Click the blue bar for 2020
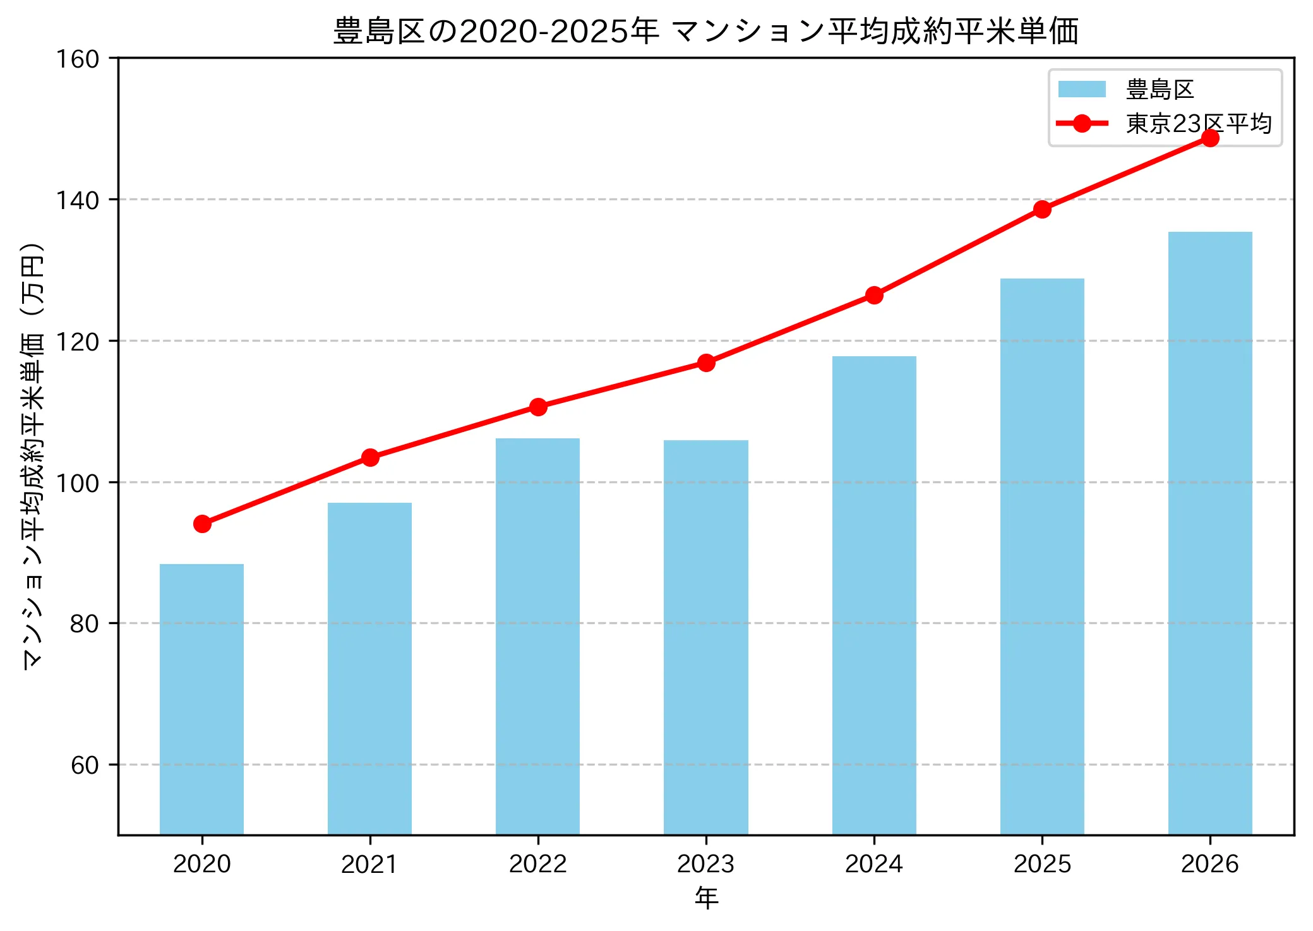tap(201, 699)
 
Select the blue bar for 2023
tap(705, 637)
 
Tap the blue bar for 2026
tap(1209, 533)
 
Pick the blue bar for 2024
tap(873, 595)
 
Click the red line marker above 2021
tap(370, 457)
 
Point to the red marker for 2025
tap(1042, 209)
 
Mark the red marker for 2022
tap(538, 407)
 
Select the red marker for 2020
tap(202, 524)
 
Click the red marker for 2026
tap(1210, 138)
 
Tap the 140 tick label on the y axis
tap(78, 200)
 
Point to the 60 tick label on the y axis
tap(85, 765)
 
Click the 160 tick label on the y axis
tap(78, 59)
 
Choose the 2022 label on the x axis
tap(537, 863)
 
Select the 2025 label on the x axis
tap(1042, 863)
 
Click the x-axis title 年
tap(706, 898)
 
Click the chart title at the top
tap(705, 31)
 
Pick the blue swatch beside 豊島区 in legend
tap(1082, 89)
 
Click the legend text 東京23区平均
tap(1198, 123)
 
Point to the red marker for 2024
tap(874, 295)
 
